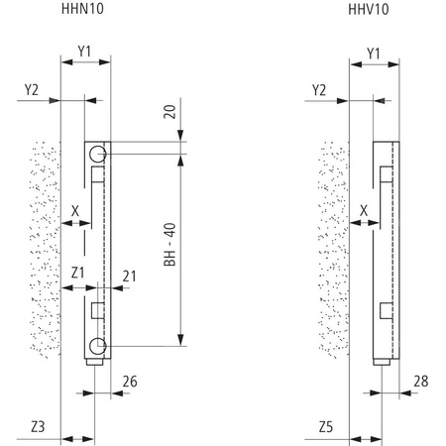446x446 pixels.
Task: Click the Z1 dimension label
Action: click(x=78, y=272)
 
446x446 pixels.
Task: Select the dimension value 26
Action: click(x=129, y=380)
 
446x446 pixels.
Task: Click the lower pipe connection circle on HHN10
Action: click(x=97, y=345)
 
